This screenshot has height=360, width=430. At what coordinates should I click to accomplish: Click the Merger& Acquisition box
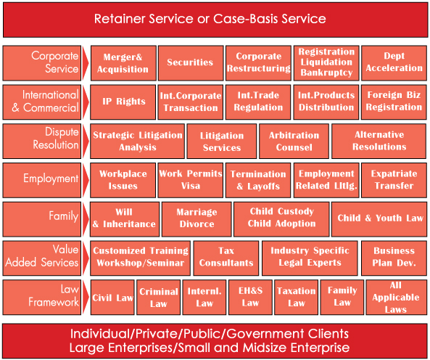[x=123, y=63]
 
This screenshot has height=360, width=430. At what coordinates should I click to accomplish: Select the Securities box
[x=191, y=63]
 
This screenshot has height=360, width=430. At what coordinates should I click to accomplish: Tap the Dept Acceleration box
[x=394, y=63]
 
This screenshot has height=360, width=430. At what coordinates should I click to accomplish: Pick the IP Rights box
[x=123, y=102]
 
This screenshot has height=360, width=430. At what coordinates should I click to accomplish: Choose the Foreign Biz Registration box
[x=394, y=102]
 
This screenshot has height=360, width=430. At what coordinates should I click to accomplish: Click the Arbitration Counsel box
[x=294, y=141]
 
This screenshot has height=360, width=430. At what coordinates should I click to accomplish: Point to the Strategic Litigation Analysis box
[x=137, y=141]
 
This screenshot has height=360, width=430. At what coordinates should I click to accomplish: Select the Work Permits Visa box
[x=191, y=180]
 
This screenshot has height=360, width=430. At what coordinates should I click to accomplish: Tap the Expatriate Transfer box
[x=394, y=180]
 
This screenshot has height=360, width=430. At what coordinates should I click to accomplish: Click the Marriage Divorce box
[x=197, y=219]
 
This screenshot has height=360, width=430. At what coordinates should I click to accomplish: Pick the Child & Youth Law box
[x=379, y=219]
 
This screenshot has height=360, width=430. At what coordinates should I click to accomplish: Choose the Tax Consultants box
[x=226, y=258]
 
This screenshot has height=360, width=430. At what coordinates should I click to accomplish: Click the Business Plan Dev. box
[x=394, y=258]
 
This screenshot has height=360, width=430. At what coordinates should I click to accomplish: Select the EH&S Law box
[x=250, y=297]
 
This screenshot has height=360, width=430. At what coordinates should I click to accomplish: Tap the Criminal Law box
[x=159, y=297]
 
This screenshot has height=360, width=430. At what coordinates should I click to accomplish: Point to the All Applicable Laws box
[x=396, y=297]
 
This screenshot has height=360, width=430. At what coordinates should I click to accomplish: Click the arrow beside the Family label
[x=86, y=219]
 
